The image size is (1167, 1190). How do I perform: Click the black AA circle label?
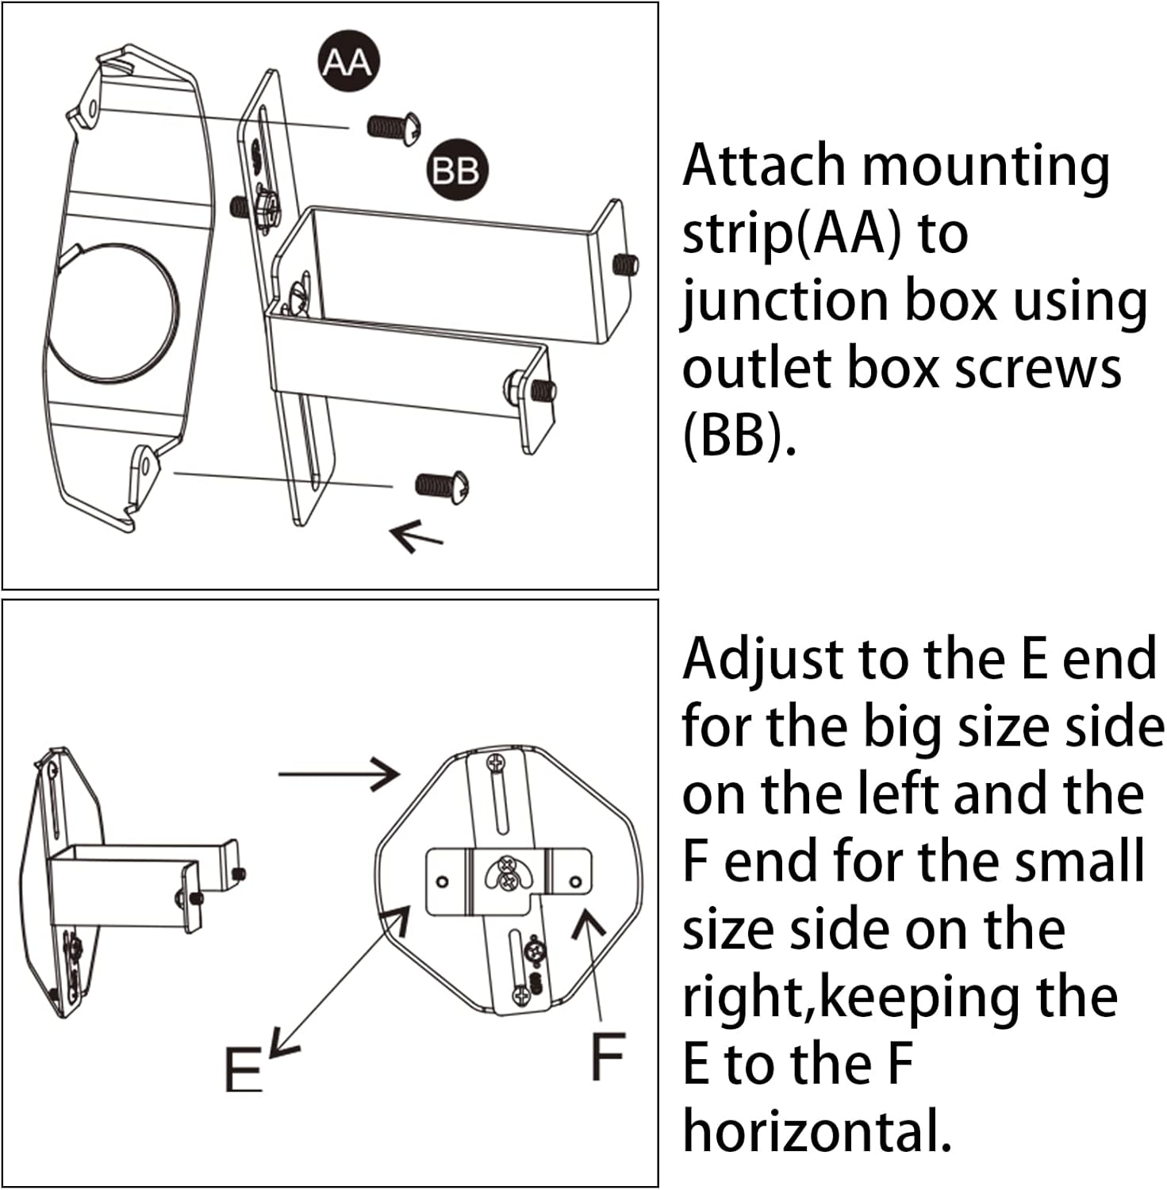tap(347, 62)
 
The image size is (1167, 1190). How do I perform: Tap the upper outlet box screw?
tap(393, 128)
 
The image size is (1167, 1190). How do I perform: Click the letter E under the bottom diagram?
tap(243, 1069)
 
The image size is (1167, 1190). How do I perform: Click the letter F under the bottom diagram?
tap(608, 1056)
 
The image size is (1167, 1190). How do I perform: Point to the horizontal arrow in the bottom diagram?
tap(339, 773)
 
